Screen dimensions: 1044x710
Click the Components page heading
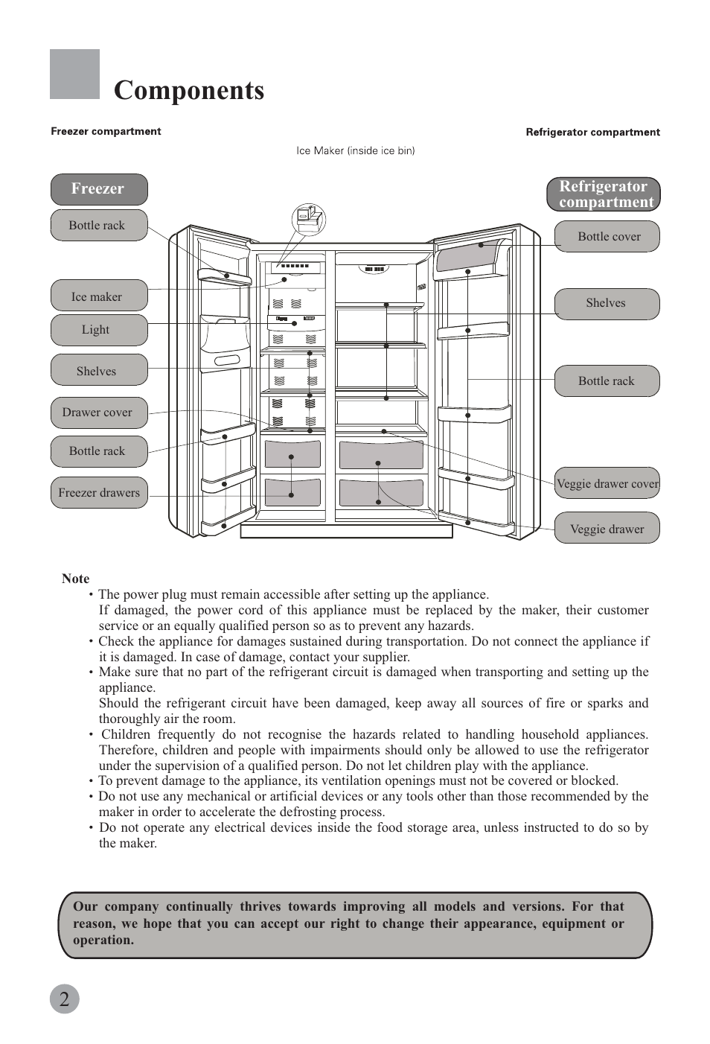(189, 90)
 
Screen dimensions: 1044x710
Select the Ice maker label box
(98, 296)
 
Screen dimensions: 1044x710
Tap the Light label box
(98, 330)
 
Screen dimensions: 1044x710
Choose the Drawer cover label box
(98, 413)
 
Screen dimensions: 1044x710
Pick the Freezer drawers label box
(98, 492)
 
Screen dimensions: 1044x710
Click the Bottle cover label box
(607, 237)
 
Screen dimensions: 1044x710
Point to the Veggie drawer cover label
(607, 483)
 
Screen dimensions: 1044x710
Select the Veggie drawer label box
(607, 529)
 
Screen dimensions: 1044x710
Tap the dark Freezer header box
(98, 189)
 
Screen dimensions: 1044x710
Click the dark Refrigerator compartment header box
(604, 194)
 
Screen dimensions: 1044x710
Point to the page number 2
(65, 999)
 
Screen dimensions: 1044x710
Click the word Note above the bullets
(75, 579)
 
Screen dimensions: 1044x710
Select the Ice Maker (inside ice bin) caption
(355, 150)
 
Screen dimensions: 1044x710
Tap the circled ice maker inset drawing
(308, 219)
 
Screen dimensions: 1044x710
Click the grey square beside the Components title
(74, 74)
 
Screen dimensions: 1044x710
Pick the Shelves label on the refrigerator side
(607, 303)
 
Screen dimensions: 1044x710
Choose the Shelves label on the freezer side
(98, 371)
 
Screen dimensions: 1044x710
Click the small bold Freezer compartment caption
(106, 131)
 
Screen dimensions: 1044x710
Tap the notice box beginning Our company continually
(355, 924)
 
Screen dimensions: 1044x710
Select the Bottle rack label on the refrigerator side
(607, 381)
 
